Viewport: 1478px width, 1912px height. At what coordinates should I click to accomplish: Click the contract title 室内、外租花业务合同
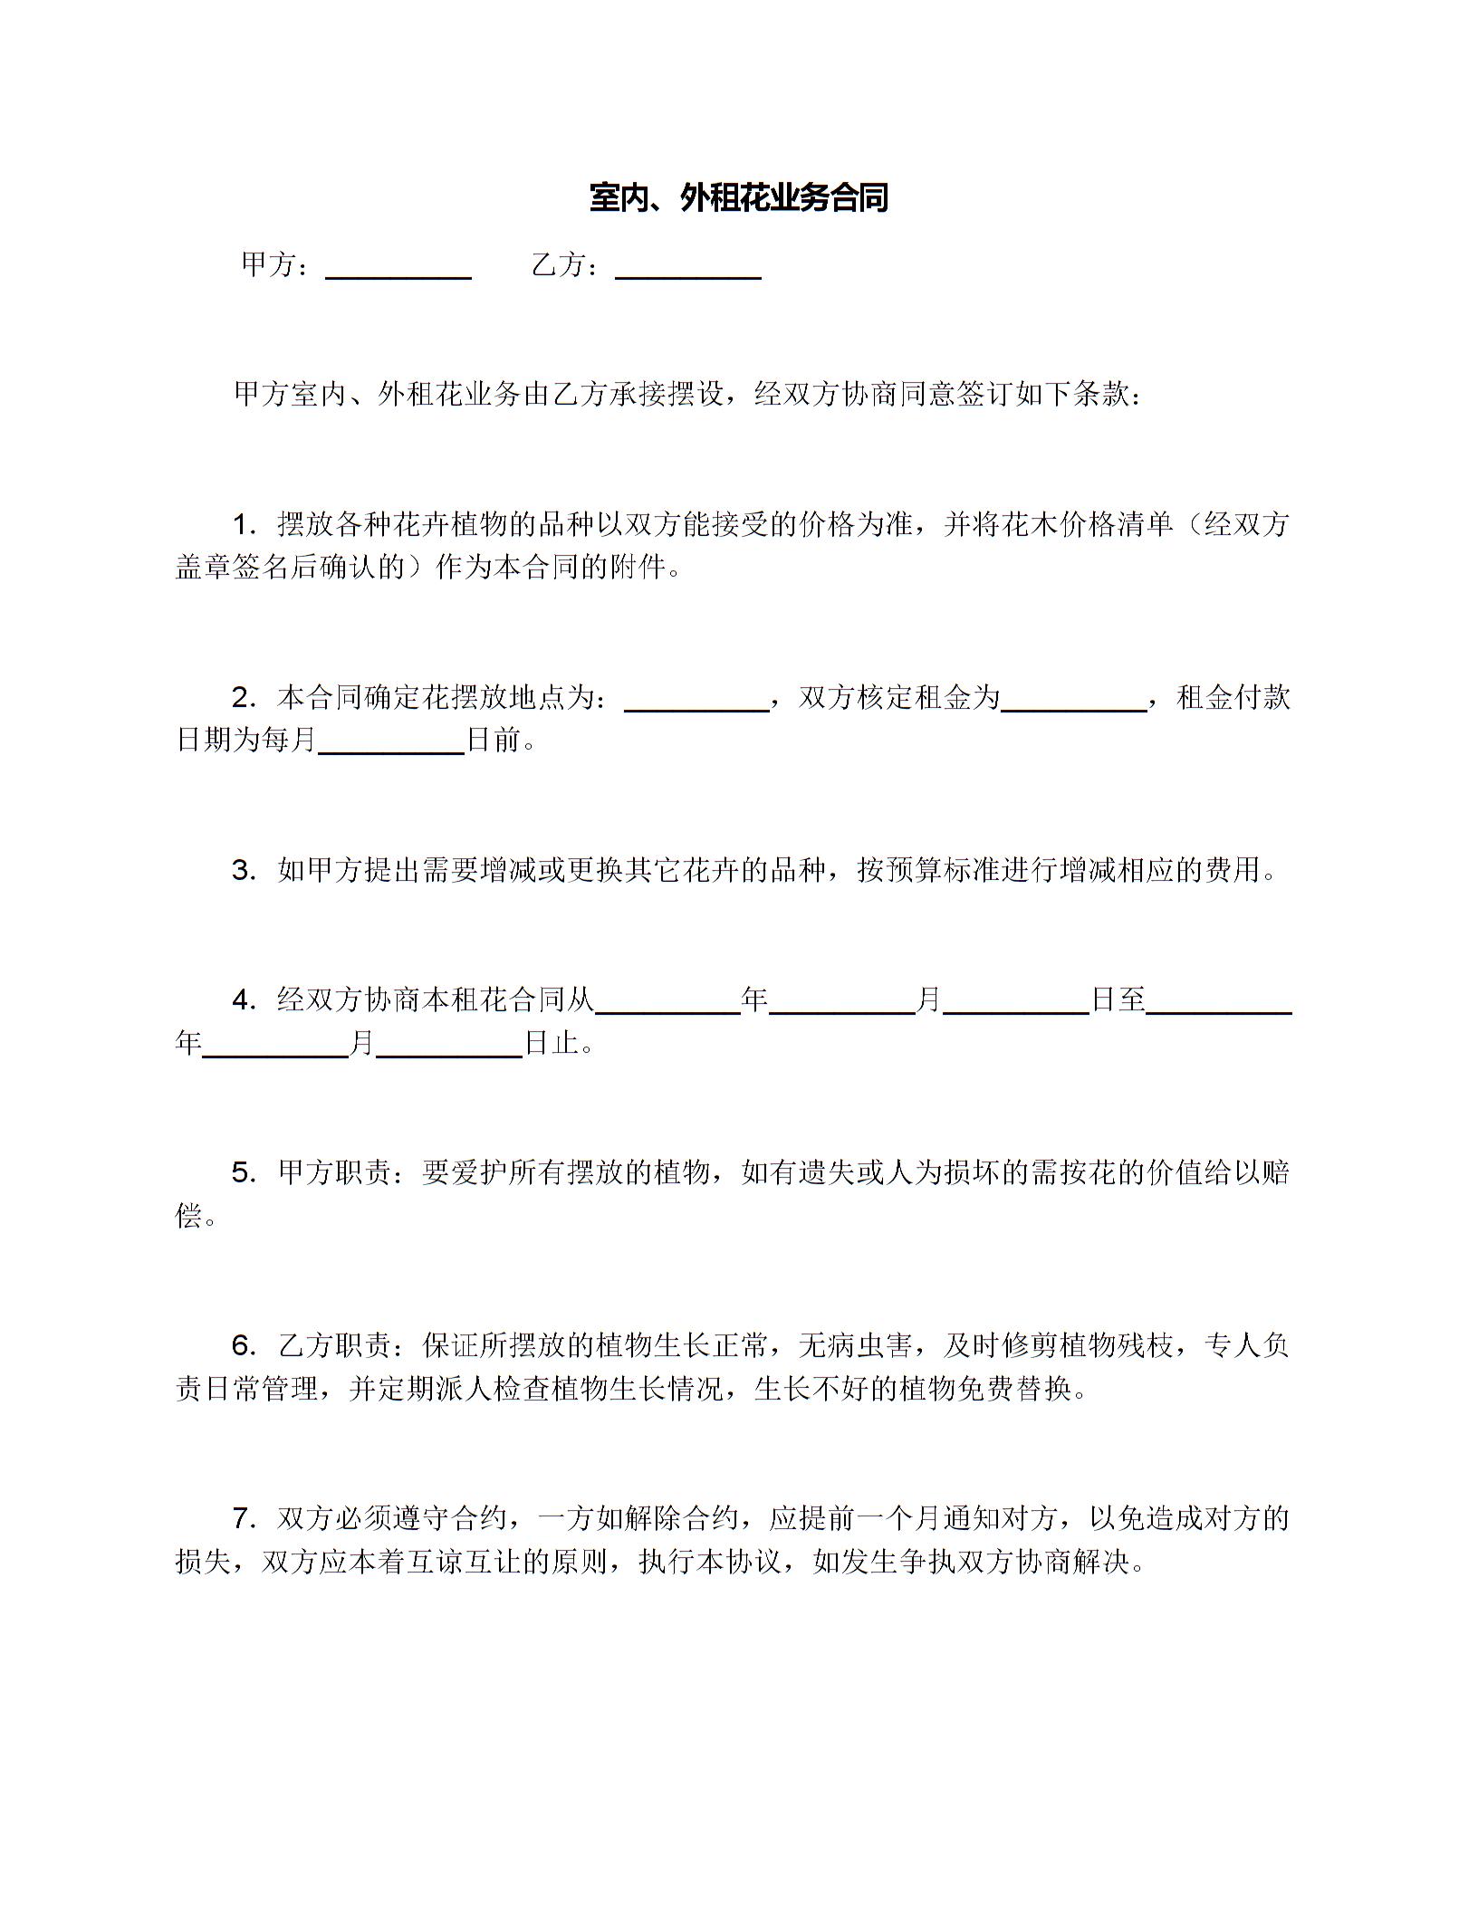(738, 197)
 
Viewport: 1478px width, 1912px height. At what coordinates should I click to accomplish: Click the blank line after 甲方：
(398, 268)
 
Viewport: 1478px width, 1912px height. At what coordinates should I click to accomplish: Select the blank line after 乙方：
(688, 268)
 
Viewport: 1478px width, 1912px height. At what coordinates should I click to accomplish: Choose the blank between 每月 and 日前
(391, 742)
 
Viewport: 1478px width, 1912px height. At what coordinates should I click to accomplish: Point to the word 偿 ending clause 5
(188, 1216)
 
